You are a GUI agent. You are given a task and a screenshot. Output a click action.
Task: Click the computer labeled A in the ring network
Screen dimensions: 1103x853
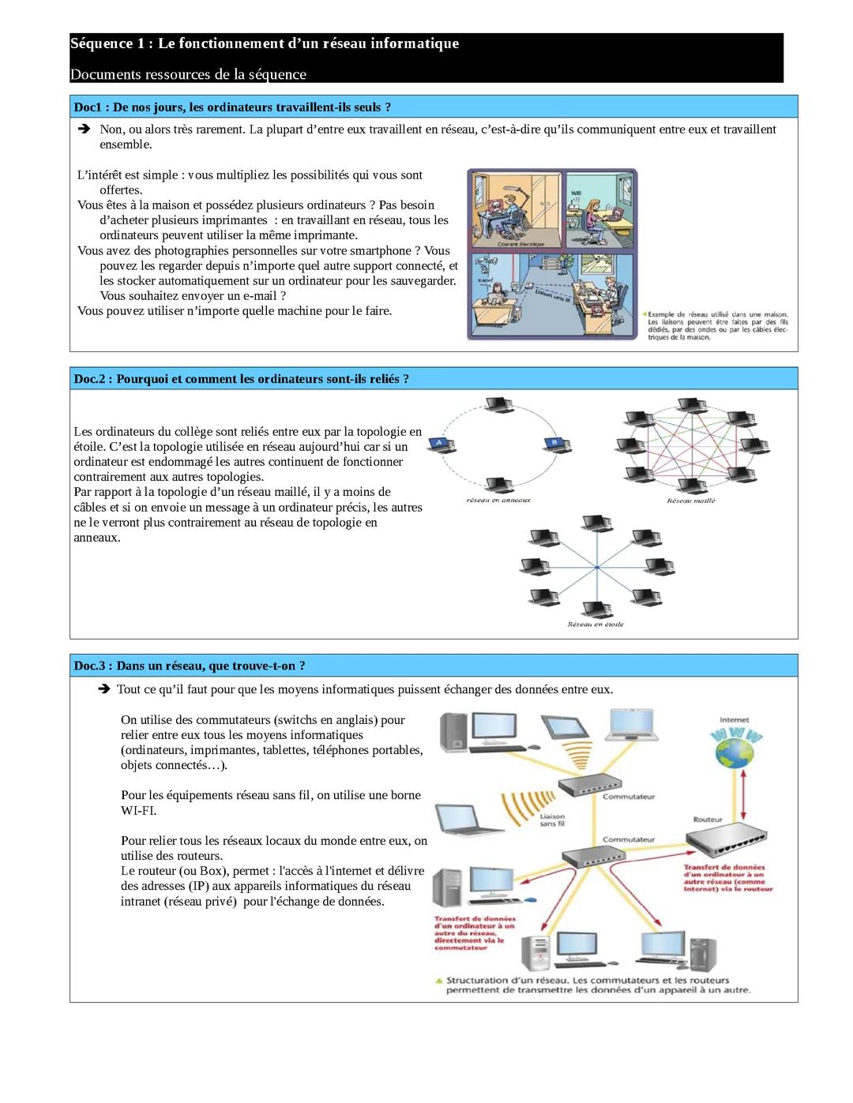coord(442,444)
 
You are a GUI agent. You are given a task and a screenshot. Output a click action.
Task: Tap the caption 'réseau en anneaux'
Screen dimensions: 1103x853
coord(498,500)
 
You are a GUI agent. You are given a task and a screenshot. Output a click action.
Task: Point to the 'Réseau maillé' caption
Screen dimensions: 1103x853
coord(691,501)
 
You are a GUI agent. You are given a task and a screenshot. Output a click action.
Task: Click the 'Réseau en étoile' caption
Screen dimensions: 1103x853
coord(596,625)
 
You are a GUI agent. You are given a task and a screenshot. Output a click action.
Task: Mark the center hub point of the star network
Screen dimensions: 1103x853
coord(597,567)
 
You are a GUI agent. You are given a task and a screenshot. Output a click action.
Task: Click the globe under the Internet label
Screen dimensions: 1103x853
coord(734,753)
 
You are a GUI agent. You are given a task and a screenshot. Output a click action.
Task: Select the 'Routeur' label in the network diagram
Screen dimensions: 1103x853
coord(708,820)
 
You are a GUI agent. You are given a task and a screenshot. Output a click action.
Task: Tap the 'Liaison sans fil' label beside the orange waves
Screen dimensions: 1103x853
coord(552,820)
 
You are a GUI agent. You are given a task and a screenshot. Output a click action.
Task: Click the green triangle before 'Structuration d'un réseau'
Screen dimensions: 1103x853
coord(439,981)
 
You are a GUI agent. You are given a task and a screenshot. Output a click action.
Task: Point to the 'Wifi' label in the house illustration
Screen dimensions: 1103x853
coord(576,193)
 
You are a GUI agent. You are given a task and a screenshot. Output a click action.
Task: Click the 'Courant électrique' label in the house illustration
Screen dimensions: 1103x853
coord(520,244)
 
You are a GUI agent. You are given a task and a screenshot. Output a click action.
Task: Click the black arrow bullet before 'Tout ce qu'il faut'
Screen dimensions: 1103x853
coord(103,688)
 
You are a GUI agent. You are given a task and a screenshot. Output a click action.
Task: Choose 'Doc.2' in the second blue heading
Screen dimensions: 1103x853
coord(89,379)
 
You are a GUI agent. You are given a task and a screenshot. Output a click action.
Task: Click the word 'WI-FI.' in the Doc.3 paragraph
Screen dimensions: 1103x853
coord(138,810)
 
